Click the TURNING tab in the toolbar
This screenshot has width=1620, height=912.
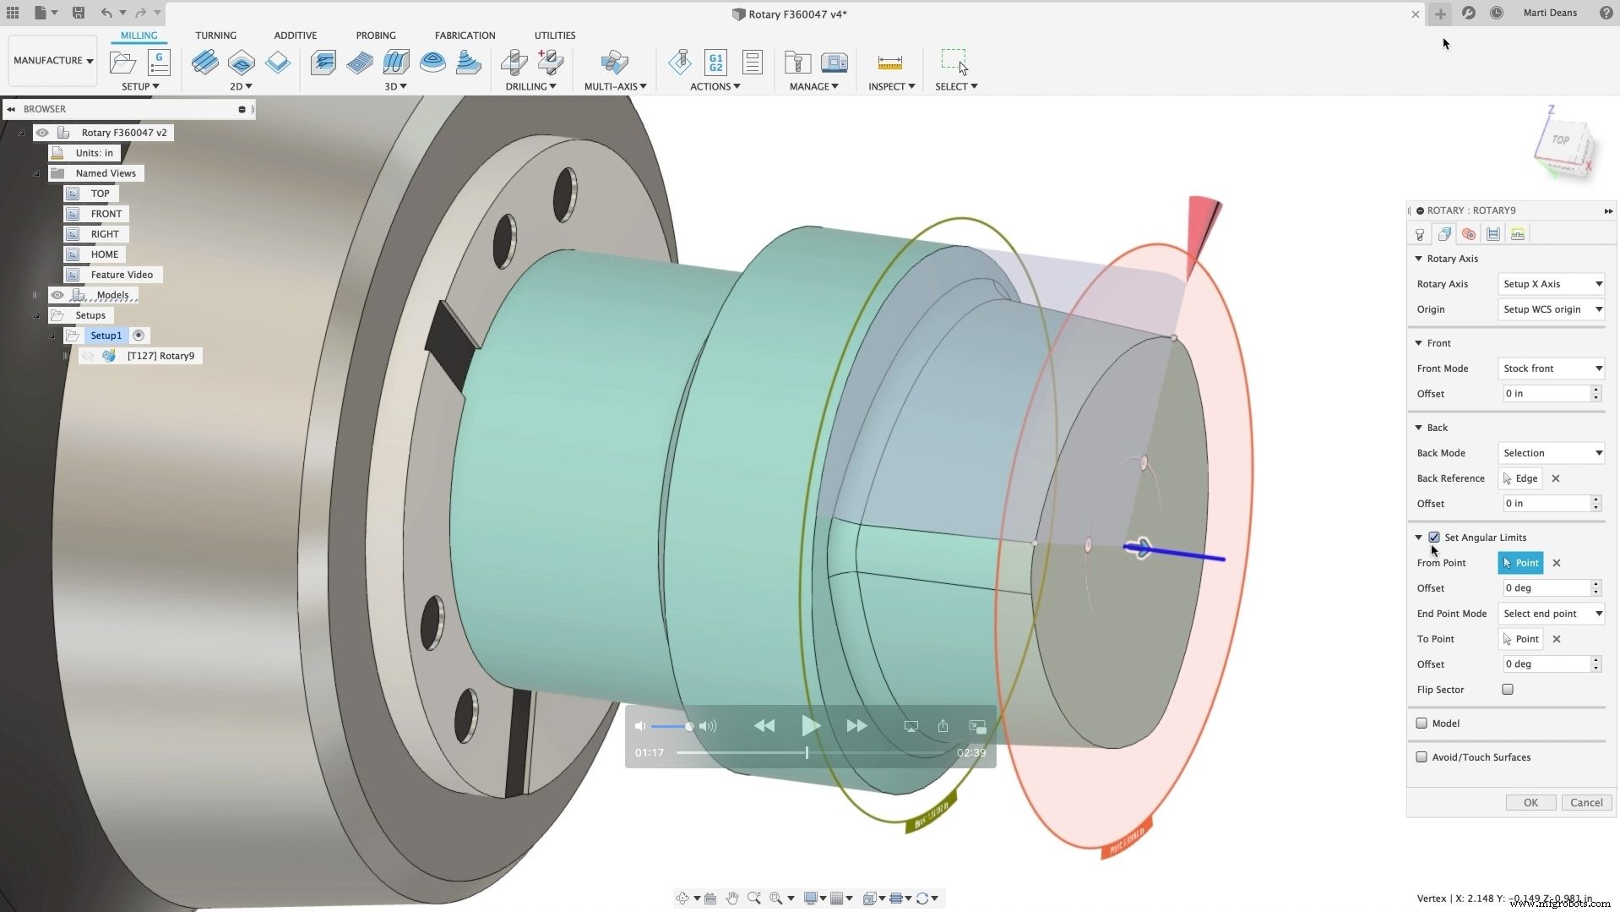[215, 35]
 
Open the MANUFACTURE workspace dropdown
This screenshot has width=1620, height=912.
[52, 61]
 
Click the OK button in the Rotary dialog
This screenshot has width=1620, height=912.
[1530, 802]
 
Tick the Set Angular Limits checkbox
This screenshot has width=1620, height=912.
[1433, 538]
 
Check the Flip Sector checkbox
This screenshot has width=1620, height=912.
[1507, 690]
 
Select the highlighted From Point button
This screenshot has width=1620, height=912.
[1519, 563]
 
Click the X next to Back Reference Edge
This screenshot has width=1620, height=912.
[1555, 478]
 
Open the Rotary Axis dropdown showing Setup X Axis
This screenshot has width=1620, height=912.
[1552, 284]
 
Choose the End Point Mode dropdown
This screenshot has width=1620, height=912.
[1552, 614]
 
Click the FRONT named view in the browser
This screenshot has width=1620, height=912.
[106, 214]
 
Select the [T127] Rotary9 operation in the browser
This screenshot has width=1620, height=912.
[160, 356]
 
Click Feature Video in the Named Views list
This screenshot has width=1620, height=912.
[122, 275]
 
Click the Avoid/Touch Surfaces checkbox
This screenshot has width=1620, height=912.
[1422, 757]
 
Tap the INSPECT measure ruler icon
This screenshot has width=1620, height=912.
[889, 63]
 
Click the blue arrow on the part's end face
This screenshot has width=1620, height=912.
[1182, 554]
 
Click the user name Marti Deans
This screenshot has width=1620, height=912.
[1549, 13]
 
